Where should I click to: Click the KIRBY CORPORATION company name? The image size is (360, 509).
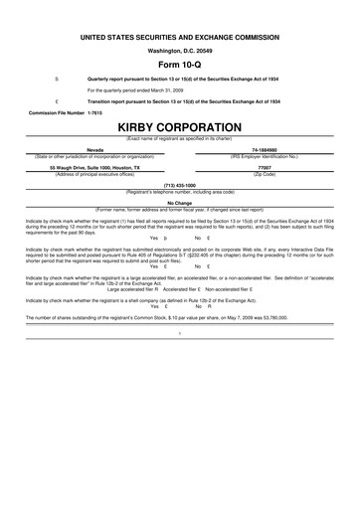pos(179,128)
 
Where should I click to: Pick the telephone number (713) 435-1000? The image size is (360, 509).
pos(180,185)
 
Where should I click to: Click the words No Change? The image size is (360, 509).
pos(180,202)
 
